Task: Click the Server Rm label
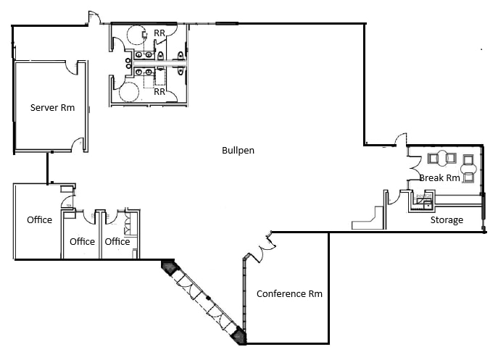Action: click(x=52, y=108)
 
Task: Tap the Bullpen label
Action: click(x=238, y=151)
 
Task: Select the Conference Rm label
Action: click(x=289, y=294)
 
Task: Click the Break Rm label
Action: click(x=439, y=178)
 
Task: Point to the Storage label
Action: click(x=447, y=220)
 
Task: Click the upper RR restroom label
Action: click(x=159, y=33)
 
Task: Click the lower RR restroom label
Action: click(x=159, y=92)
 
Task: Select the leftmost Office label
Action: click(x=39, y=219)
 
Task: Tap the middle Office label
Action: click(x=82, y=242)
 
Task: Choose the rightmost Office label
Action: click(x=117, y=242)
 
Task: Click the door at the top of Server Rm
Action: click(x=71, y=67)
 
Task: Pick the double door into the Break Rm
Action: click(x=399, y=140)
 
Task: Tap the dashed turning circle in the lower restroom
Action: click(x=129, y=91)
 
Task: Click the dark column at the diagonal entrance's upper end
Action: click(x=169, y=267)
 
